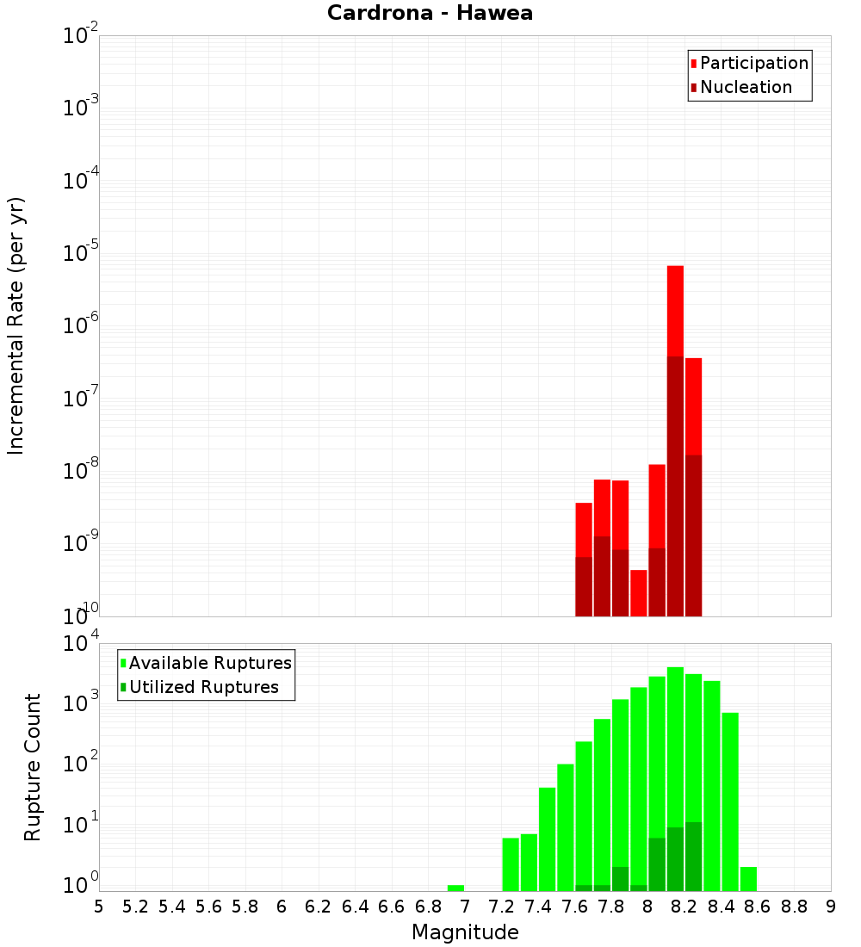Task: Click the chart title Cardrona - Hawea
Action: point(430,13)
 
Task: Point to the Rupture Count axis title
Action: point(33,767)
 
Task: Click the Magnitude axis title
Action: point(465,932)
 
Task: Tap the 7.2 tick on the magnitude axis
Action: point(501,907)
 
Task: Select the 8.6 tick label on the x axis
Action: point(758,907)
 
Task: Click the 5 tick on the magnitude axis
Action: point(99,907)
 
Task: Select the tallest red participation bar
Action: point(675,310)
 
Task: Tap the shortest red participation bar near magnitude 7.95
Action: point(638,592)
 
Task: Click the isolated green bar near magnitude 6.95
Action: point(455,888)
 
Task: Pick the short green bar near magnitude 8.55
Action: point(748,878)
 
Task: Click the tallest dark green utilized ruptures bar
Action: point(693,857)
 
